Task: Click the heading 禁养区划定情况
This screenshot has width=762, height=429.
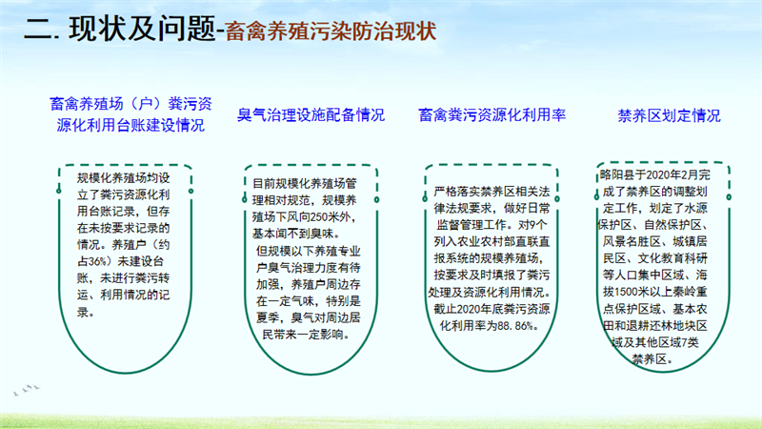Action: click(x=669, y=115)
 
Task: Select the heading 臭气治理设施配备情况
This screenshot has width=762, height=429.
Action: click(x=311, y=114)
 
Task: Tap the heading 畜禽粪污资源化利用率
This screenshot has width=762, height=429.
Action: click(x=491, y=114)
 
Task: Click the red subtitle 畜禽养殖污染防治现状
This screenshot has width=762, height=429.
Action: click(x=331, y=31)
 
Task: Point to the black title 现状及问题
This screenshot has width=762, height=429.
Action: click(x=142, y=29)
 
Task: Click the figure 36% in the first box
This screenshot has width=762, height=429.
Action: click(x=97, y=261)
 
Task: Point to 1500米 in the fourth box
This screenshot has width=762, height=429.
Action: click(x=632, y=292)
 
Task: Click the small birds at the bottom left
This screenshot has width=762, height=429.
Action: click(x=27, y=390)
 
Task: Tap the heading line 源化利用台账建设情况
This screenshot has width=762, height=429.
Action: click(x=130, y=126)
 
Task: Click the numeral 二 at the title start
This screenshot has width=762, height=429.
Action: click(x=38, y=30)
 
